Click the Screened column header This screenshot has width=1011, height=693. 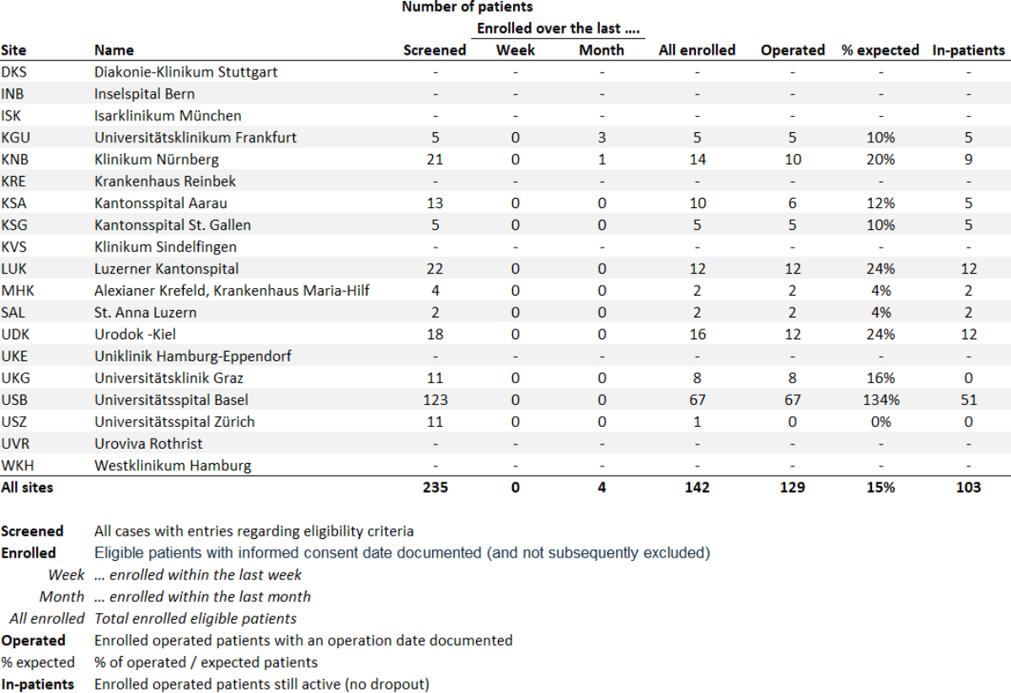[435, 50]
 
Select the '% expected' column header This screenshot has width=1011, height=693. [880, 50]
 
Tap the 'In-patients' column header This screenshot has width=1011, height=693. [968, 50]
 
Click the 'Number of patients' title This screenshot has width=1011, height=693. [467, 8]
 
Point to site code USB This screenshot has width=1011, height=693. [15, 400]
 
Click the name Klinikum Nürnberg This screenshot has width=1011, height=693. [157, 159]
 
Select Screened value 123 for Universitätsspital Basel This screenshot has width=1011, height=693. [435, 400]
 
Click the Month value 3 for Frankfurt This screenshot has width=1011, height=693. [602, 137]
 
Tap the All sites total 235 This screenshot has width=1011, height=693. [435, 488]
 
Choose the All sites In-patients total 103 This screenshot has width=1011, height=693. [968, 488]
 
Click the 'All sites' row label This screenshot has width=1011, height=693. [26, 488]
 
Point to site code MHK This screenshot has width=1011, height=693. [17, 291]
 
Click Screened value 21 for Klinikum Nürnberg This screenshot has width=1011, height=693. [435, 159]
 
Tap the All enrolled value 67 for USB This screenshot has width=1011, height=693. [697, 400]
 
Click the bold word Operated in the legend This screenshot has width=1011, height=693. [33, 641]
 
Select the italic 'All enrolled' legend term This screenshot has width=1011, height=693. [47, 619]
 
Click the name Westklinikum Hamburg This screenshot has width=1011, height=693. [173, 466]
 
